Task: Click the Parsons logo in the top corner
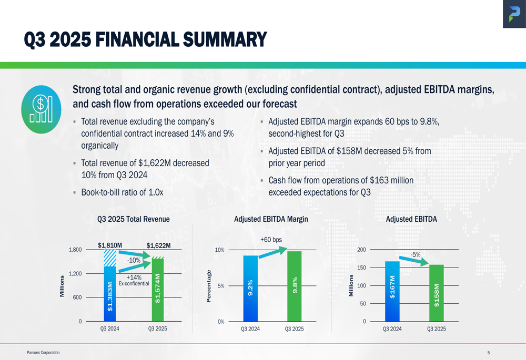tap(513, 14)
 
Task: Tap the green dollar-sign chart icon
tap(42, 109)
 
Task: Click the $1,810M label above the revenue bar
tap(110, 245)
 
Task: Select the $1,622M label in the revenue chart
tap(158, 245)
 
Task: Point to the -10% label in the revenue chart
tap(134, 260)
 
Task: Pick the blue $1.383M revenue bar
tap(109, 294)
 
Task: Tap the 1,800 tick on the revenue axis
tap(75, 250)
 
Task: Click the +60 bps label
tap(271, 240)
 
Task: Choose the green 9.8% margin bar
tap(295, 287)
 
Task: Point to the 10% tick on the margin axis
tap(219, 250)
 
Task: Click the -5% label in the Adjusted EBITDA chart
tap(416, 254)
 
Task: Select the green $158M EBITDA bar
tap(437, 293)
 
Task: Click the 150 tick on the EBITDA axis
tap(361, 268)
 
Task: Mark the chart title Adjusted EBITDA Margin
tap(271, 219)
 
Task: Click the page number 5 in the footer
tap(488, 353)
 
